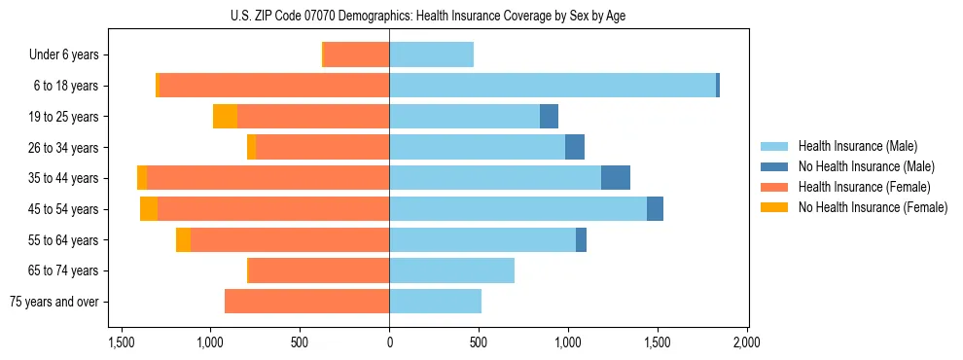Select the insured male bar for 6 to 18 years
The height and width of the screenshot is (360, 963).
pyautogui.click(x=553, y=86)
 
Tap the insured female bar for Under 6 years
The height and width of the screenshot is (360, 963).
pyautogui.click(x=356, y=54)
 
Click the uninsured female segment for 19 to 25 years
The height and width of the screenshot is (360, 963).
pyautogui.click(x=225, y=117)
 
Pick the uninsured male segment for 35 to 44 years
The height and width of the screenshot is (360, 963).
pyautogui.click(x=616, y=178)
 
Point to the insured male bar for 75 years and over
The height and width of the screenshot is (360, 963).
pyautogui.click(x=435, y=302)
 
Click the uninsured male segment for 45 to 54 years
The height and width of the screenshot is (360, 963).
pyautogui.click(x=655, y=209)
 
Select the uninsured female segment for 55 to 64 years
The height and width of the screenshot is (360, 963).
pyautogui.click(x=183, y=240)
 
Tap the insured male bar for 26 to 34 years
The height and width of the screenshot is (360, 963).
pyautogui.click(x=477, y=147)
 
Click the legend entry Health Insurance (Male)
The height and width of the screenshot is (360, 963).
pyautogui.click(x=858, y=147)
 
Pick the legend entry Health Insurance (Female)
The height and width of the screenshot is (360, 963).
pyautogui.click(x=864, y=187)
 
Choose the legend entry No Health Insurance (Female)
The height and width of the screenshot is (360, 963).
pyautogui.click(x=873, y=206)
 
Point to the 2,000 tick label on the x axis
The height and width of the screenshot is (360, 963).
pyautogui.click(x=746, y=342)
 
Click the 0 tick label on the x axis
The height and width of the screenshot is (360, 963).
pyautogui.click(x=389, y=342)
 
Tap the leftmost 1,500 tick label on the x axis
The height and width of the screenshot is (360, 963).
pyautogui.click(x=122, y=342)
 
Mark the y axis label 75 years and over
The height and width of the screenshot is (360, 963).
pyautogui.click(x=53, y=302)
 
